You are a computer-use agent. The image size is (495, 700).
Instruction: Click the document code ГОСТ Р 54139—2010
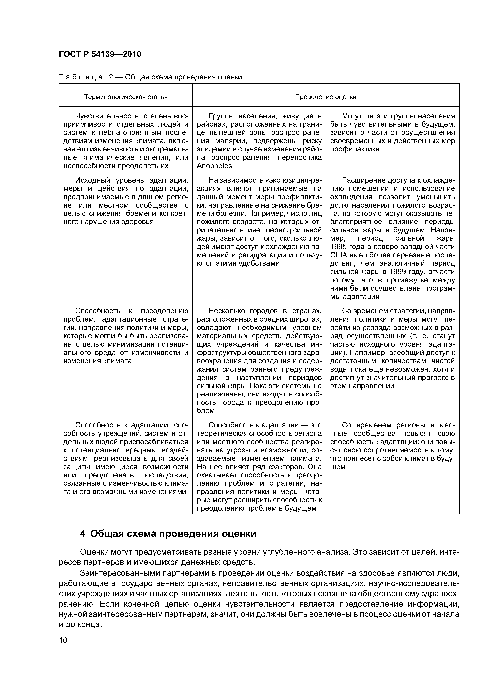point(100,54)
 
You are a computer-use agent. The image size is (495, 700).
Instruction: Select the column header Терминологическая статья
point(126,97)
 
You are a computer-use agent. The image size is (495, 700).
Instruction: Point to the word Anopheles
point(214,166)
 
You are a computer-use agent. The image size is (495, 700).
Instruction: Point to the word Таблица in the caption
point(80,77)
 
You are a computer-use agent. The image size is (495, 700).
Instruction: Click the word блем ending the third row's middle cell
point(206,411)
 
